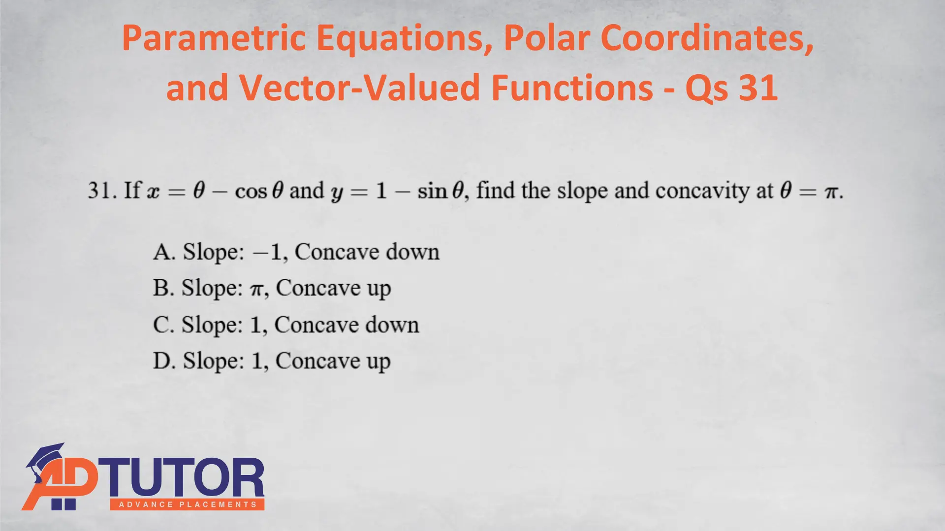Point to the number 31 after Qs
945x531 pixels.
click(x=758, y=88)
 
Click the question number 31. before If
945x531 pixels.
click(x=102, y=190)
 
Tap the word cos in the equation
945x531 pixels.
click(x=251, y=191)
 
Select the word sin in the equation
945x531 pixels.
click(x=432, y=191)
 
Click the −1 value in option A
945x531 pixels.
click(x=268, y=252)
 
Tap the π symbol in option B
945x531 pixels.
click(x=257, y=290)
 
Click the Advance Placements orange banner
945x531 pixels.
click(x=188, y=504)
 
